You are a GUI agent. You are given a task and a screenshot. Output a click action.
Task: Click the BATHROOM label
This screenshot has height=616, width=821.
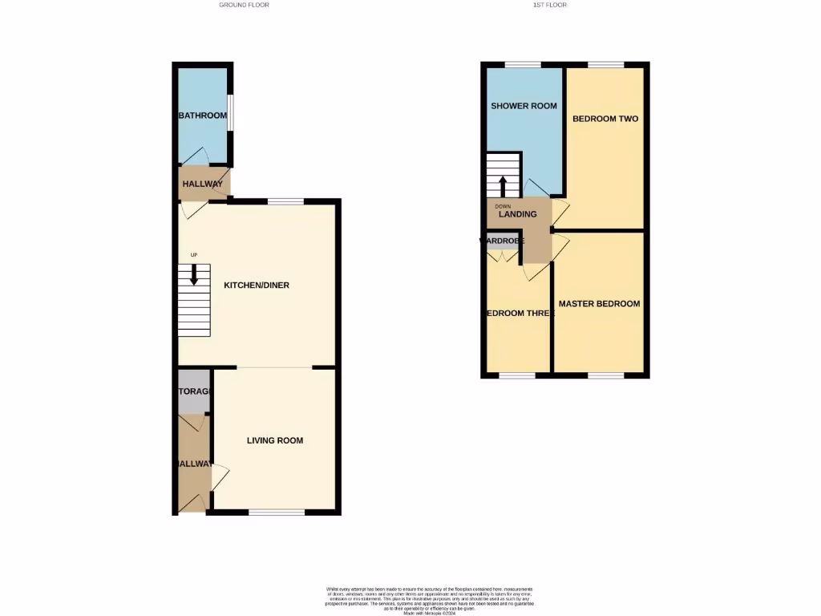[202, 115]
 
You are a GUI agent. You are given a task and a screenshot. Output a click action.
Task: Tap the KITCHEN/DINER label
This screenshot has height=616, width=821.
[256, 285]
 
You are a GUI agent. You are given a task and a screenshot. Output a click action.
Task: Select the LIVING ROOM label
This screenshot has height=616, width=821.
[275, 440]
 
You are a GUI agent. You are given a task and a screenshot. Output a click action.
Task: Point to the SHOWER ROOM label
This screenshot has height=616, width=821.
[524, 106]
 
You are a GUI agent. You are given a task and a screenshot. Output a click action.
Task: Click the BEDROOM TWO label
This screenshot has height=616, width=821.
[605, 119]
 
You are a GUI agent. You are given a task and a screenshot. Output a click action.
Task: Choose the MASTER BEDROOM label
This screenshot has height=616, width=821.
[599, 304]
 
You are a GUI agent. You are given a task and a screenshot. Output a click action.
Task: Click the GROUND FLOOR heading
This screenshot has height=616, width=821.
[244, 5]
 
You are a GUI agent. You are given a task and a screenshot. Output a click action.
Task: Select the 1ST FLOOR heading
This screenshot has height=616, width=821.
[550, 5]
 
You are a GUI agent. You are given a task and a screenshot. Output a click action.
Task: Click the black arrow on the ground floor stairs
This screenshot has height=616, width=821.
[193, 275]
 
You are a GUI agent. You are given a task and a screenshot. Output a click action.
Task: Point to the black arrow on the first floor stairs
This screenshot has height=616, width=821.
[503, 185]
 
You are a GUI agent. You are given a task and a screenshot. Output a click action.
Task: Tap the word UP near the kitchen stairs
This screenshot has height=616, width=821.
[193, 255]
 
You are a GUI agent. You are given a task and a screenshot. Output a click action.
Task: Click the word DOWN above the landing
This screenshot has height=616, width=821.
[502, 206]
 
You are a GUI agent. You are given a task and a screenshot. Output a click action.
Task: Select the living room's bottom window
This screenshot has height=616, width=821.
[277, 512]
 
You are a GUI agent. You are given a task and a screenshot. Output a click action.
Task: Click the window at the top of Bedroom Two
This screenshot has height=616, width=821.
[606, 64]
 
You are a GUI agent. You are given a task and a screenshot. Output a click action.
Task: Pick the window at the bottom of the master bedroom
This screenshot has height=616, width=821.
[606, 375]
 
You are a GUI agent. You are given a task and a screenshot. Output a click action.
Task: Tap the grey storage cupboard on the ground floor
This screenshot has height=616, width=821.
[192, 391]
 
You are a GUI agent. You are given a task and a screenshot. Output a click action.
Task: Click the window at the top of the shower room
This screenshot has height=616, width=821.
[522, 64]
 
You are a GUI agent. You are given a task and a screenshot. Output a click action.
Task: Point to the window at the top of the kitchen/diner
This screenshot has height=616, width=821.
[285, 201]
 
